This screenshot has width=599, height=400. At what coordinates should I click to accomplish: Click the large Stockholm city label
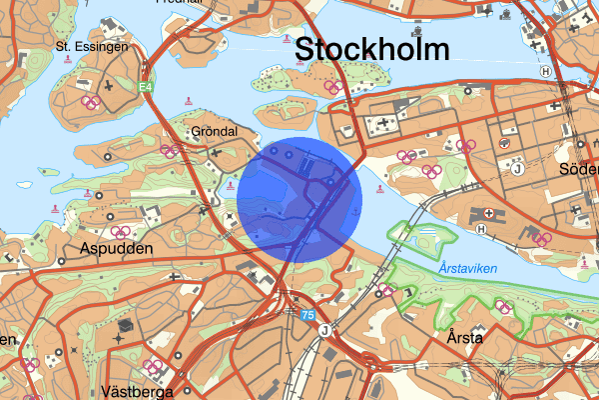(371, 50)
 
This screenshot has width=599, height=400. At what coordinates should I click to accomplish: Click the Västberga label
(138, 391)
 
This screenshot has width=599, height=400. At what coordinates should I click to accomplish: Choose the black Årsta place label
(466, 338)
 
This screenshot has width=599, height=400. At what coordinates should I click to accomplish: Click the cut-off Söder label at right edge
(579, 168)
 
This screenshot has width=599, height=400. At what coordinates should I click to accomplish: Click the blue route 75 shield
(309, 314)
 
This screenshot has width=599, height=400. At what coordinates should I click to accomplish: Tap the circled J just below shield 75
(323, 330)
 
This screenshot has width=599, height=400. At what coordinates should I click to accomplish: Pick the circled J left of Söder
(517, 168)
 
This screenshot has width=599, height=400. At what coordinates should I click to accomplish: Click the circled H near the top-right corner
(545, 72)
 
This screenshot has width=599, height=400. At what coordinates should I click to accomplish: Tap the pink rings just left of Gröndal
(170, 152)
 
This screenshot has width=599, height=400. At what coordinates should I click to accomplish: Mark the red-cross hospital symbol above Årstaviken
(488, 212)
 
